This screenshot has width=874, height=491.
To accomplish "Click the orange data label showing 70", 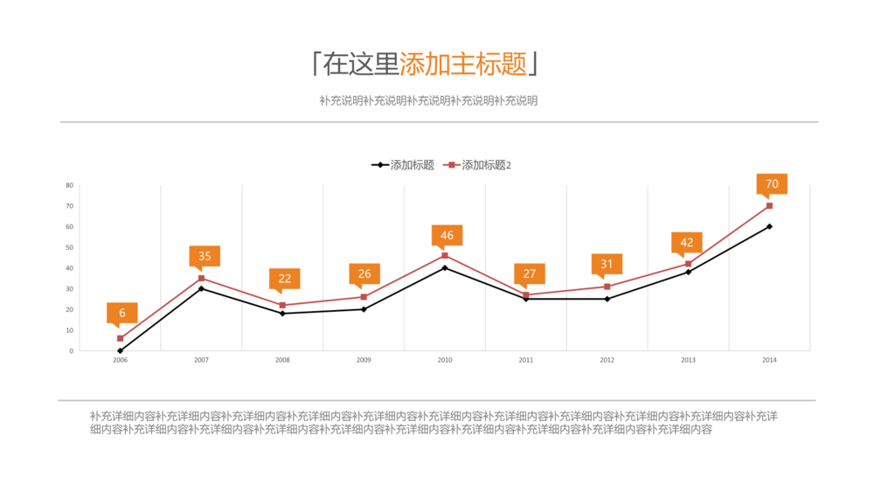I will (772, 184).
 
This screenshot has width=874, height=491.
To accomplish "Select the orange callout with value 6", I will (122, 313).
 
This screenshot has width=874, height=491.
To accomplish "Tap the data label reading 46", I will (447, 235).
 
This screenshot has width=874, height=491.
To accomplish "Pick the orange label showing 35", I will (205, 256).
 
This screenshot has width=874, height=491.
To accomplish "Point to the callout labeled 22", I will (285, 279).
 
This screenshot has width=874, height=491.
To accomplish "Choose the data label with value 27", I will (529, 273).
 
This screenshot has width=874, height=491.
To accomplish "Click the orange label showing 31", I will (607, 264).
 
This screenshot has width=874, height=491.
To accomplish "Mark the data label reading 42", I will (687, 242).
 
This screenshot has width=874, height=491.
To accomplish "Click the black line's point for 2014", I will (769, 226).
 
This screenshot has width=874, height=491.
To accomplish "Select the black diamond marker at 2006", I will (121, 350).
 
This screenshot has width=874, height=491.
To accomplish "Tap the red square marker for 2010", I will (445, 255).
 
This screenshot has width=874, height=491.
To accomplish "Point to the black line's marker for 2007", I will (202, 288).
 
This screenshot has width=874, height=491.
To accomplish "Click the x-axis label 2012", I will (607, 360).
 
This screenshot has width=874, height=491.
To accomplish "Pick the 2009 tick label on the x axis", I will (364, 360).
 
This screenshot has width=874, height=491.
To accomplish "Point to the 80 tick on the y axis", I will (69, 185).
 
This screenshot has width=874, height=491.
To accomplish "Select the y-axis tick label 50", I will (69, 247).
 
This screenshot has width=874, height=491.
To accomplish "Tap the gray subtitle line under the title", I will (428, 100).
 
